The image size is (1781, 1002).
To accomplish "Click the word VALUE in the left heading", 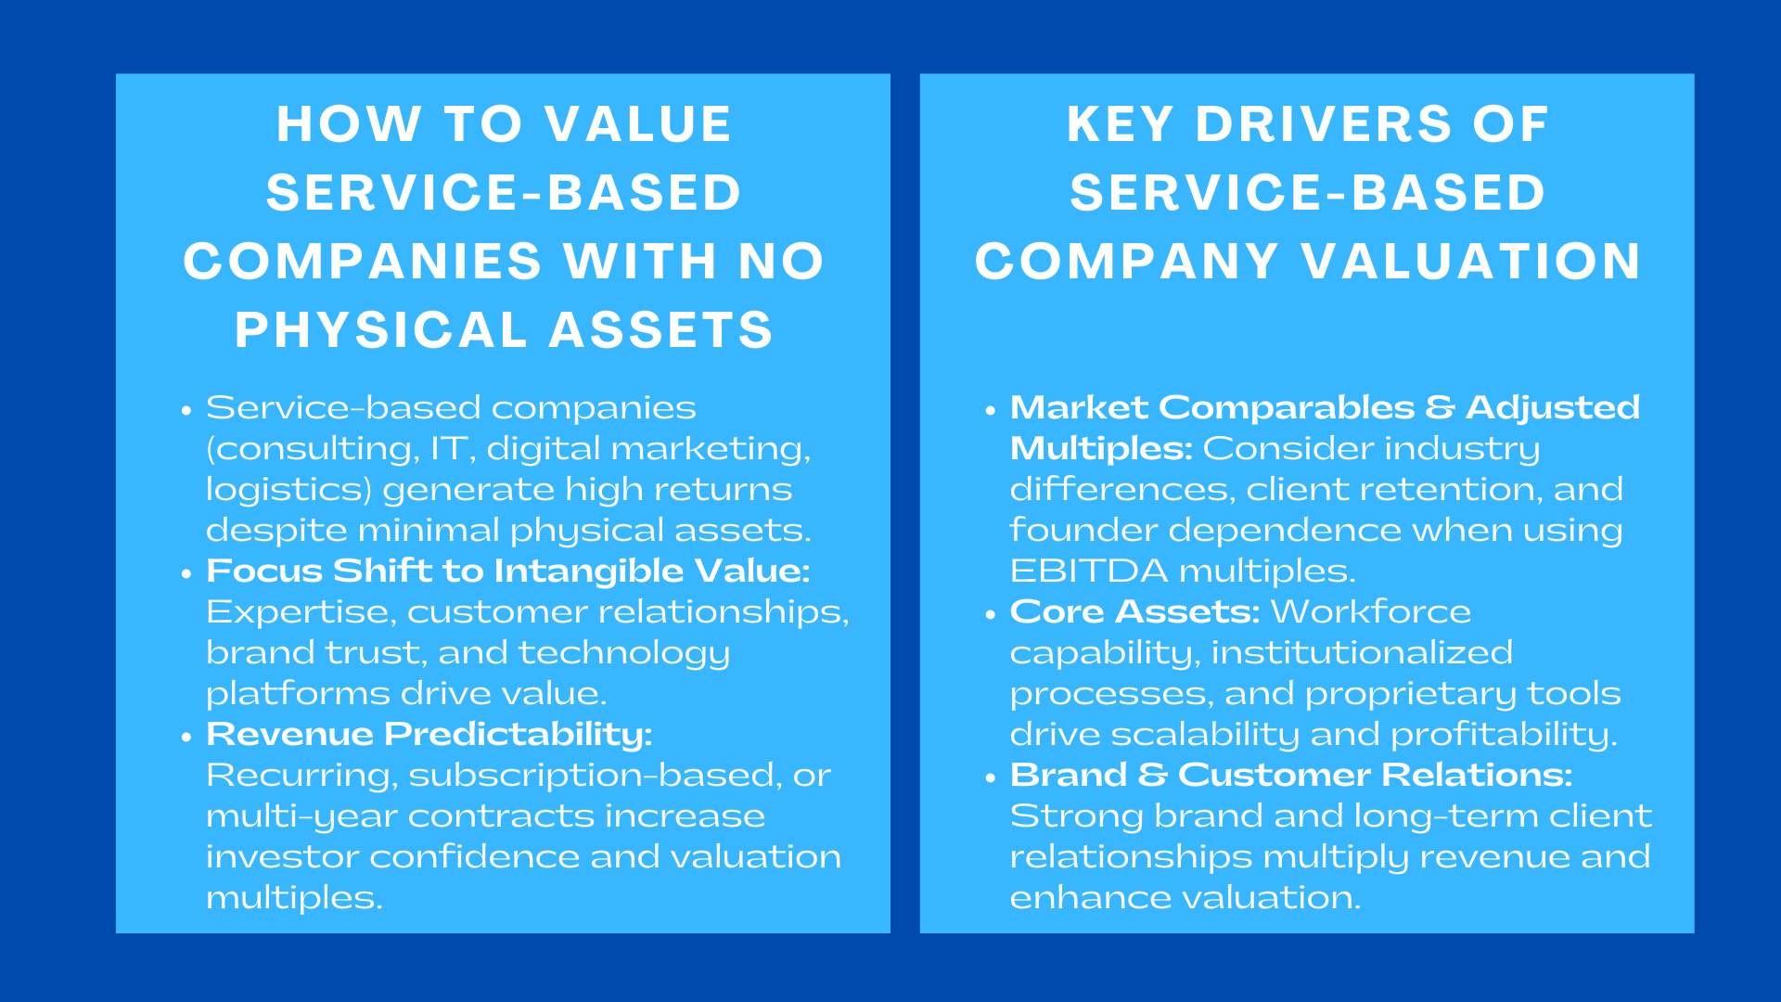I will [638, 124].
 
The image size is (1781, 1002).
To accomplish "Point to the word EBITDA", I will [1088, 571].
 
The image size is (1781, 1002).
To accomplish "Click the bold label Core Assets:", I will [1134, 611].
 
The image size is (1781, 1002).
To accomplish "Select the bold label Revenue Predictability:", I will [429, 734].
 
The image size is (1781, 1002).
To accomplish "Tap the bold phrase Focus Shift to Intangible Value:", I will [507, 571].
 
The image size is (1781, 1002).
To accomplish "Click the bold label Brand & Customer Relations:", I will [1290, 775].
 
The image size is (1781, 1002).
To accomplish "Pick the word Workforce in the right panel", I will [1370, 611].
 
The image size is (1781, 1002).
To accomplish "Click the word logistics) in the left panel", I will [288, 490].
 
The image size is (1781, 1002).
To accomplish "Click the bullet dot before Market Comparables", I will [991, 410].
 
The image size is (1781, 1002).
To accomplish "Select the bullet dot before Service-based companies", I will [186, 410].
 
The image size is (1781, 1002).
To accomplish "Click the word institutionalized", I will [1361, 652].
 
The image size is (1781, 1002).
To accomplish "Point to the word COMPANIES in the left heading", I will [362, 262].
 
